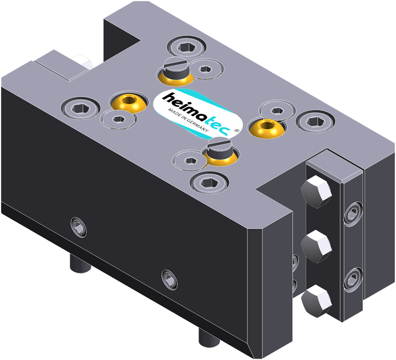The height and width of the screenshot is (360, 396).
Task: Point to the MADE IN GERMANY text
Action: click(x=188, y=120)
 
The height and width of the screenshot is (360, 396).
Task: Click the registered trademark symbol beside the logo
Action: click(x=237, y=130)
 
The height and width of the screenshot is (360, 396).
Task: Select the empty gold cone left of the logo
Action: click(x=129, y=103)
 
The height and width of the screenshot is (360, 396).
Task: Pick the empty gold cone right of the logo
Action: click(x=267, y=128)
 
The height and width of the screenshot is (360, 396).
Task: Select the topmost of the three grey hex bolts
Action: click(x=316, y=192)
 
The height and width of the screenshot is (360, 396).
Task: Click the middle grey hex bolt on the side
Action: click(x=316, y=246)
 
